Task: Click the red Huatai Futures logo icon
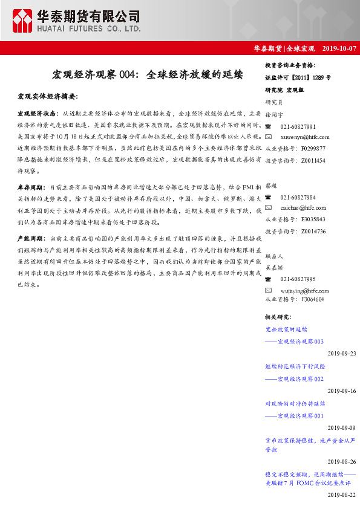click(22, 22)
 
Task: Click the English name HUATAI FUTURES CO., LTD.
click(89, 28)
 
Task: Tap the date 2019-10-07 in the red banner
click(340, 48)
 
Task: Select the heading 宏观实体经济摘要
click(48, 96)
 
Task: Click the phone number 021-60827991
click(298, 126)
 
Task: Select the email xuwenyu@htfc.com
click(305, 137)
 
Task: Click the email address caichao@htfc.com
click(303, 208)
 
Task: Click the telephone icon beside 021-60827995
click(268, 279)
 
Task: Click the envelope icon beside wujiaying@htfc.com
click(268, 290)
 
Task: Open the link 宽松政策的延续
click(286, 330)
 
